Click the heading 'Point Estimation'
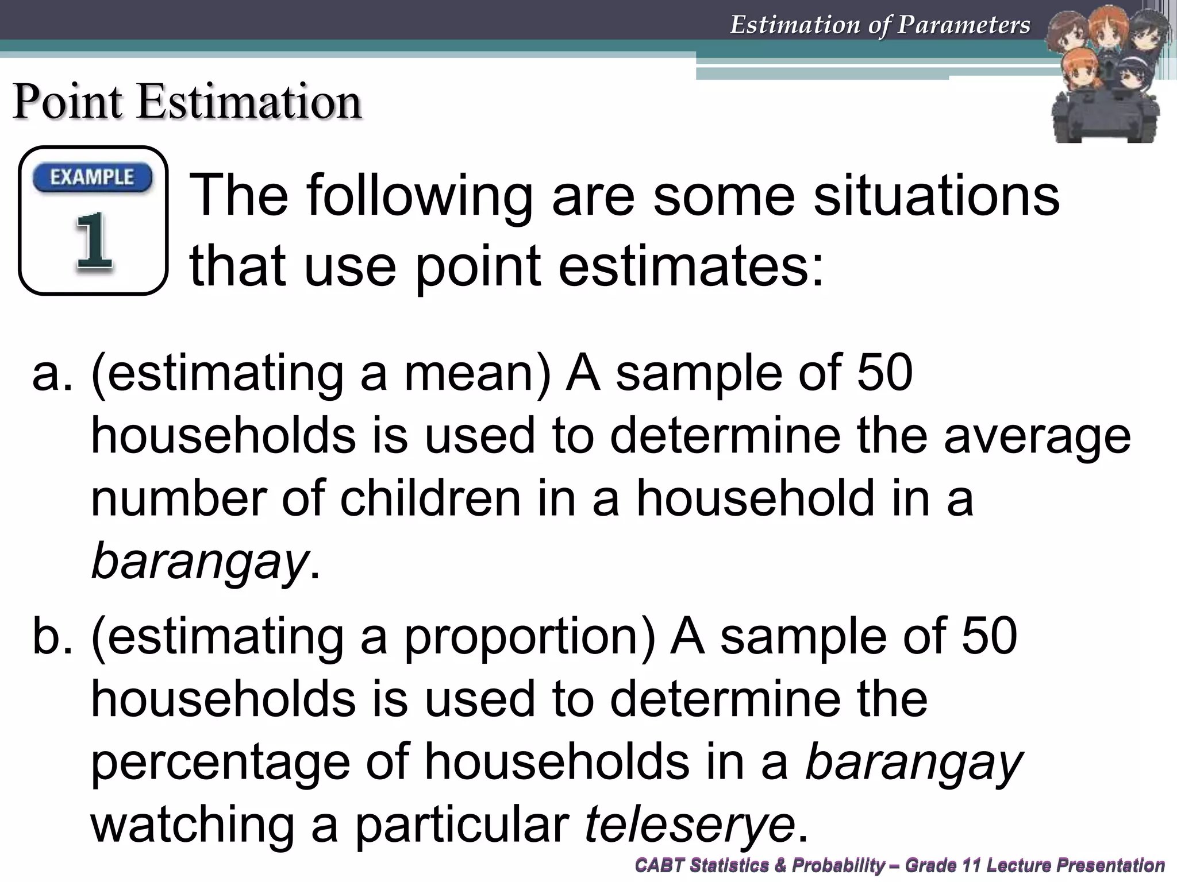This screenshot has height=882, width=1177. click(x=187, y=102)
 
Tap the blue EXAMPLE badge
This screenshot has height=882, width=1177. click(x=93, y=177)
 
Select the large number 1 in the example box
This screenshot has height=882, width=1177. click(x=93, y=241)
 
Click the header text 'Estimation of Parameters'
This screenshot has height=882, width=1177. click(x=880, y=25)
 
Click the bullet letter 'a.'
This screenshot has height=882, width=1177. click(x=53, y=373)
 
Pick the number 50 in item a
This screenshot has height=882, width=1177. click(x=884, y=373)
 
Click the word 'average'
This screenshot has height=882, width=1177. click(x=1037, y=436)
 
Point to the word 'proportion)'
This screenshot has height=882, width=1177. click(x=529, y=637)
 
